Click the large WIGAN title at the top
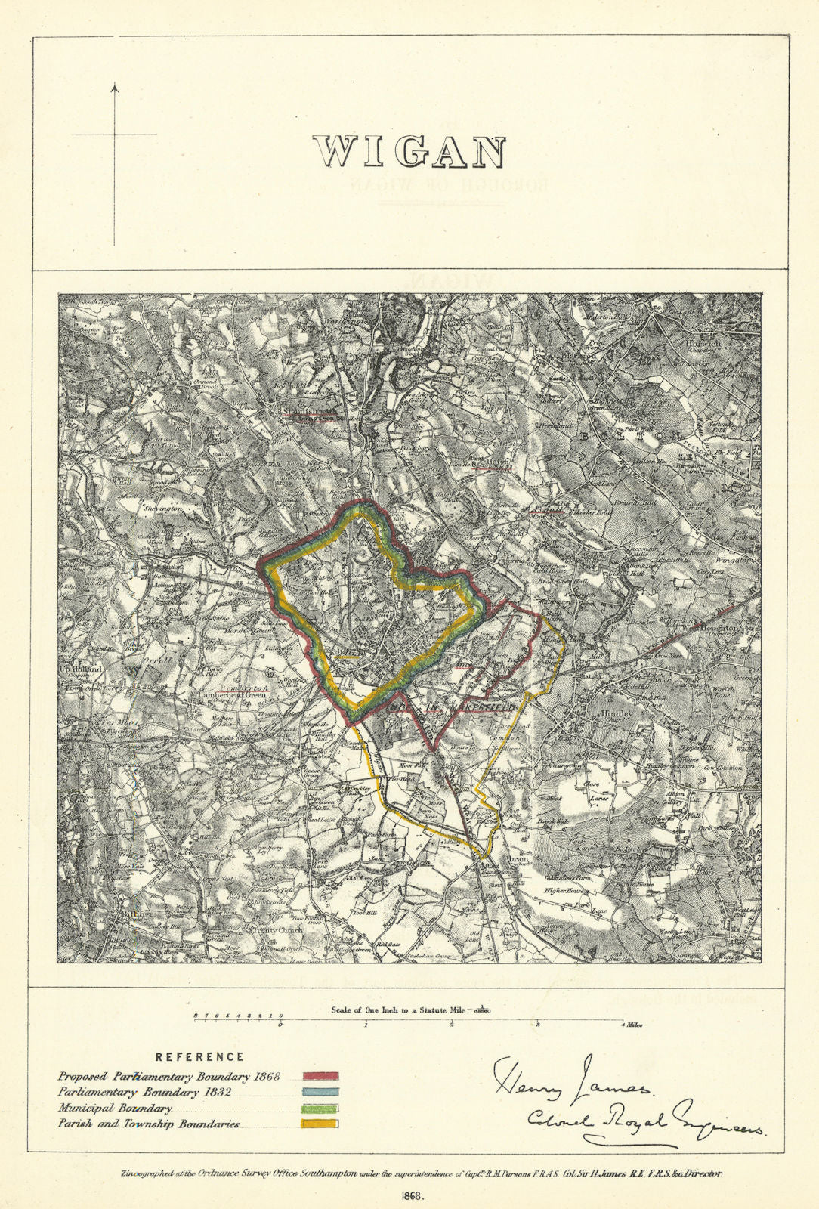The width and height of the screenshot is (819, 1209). [x=409, y=153]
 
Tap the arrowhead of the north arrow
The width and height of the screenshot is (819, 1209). [x=115, y=88]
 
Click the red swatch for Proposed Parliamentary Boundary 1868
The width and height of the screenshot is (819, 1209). [x=320, y=1076]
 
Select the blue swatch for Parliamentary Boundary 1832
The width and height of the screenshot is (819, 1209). [x=320, y=1093]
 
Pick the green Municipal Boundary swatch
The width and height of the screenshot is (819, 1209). [x=320, y=1109]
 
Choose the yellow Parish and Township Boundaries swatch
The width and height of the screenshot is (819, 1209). [x=320, y=1124]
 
